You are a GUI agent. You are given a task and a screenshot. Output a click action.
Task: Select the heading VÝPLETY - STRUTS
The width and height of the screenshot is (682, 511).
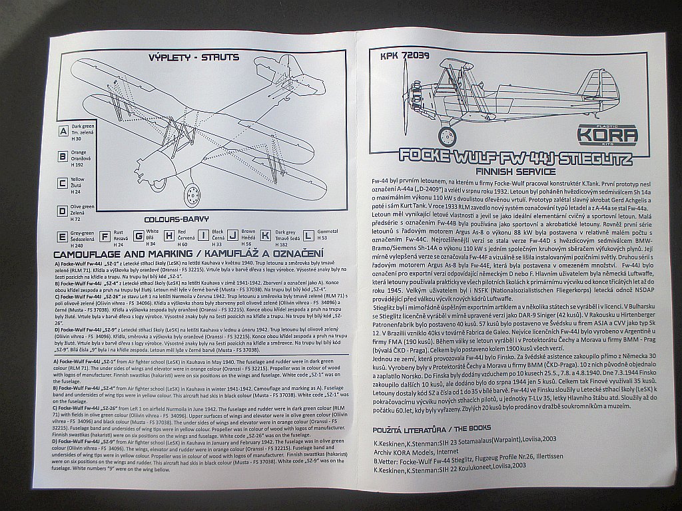(x=194, y=57)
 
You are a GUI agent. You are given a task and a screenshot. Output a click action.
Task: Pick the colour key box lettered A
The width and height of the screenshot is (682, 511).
(x=63, y=132)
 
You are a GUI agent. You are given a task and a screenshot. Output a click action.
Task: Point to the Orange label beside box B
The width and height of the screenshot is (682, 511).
(x=79, y=152)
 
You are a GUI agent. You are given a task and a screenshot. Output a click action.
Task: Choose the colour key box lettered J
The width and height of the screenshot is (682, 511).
(x=232, y=236)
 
